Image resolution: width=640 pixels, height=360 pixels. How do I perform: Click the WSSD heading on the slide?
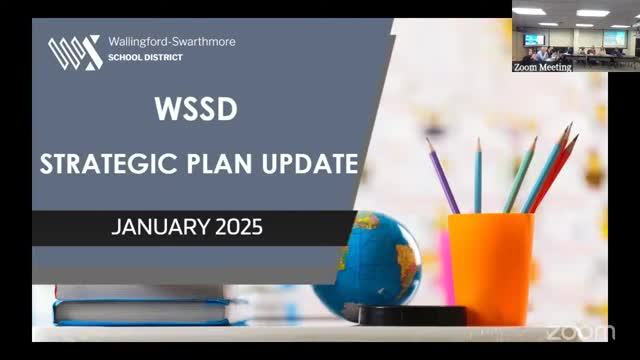click(x=196, y=109)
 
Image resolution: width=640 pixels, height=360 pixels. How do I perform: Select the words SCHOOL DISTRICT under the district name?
click(x=146, y=58)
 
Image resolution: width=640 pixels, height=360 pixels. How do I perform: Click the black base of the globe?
click(x=400, y=315)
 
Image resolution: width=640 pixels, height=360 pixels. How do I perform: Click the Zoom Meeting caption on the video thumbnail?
click(x=542, y=67)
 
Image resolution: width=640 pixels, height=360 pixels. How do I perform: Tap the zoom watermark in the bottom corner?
click(x=580, y=331)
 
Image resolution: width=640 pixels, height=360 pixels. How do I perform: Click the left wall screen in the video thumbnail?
click(x=534, y=39)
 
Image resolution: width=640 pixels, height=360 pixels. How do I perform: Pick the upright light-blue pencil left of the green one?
click(x=477, y=176)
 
